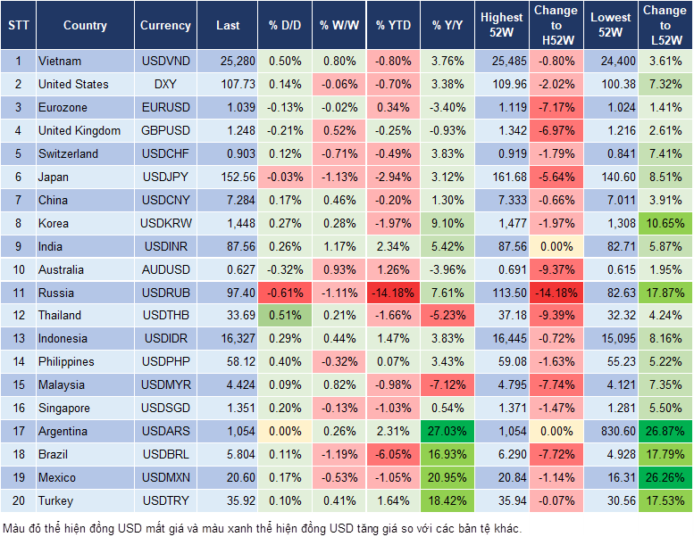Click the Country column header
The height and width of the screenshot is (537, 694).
85,26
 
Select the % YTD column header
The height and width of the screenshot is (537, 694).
393,26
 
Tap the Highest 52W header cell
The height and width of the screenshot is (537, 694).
501,26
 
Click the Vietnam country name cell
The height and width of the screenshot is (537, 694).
60,62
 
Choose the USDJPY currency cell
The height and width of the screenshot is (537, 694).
165,177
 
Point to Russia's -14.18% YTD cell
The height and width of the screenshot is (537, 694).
393,293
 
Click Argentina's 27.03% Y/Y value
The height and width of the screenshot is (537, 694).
447,431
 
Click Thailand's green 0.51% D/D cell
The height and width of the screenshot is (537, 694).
284,315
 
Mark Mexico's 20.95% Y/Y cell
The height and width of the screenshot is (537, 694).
447,477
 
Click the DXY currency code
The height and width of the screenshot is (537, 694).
165,85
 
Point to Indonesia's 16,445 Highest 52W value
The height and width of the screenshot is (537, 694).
501,339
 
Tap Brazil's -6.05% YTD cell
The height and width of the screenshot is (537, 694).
393,454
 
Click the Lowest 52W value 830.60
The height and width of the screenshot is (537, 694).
612,431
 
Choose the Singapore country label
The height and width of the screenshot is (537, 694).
63,408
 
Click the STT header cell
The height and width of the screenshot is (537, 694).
18,26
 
